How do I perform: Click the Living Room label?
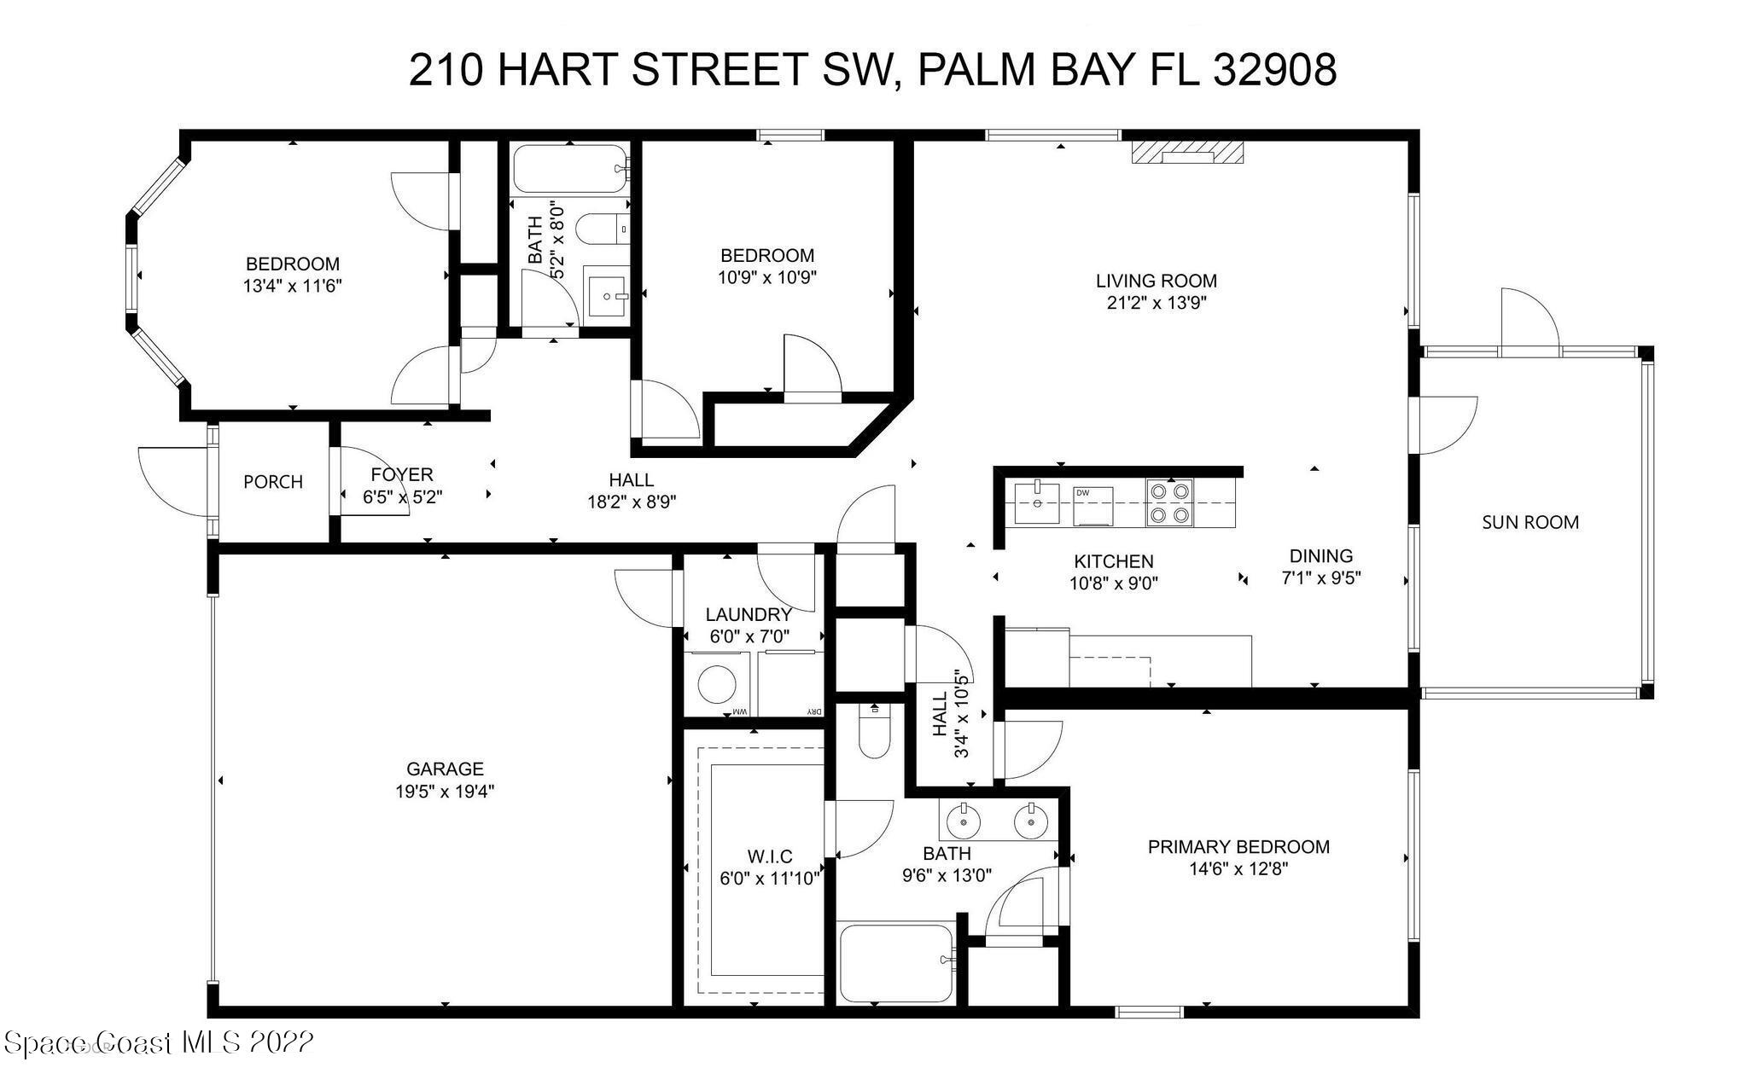[1157, 281]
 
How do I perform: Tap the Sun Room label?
[1530, 522]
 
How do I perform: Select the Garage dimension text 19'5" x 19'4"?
[445, 792]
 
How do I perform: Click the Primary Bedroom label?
[1238, 847]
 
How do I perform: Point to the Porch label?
[273, 482]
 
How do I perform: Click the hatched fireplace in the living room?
[1187, 152]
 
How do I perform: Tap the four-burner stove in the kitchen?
[1170, 502]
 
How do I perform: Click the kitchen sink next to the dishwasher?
[1036, 503]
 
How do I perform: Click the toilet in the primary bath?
[875, 730]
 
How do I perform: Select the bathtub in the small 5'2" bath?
[570, 170]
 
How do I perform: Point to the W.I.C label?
[770, 856]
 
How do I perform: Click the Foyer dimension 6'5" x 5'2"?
[403, 497]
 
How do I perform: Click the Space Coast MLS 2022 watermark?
[159, 1042]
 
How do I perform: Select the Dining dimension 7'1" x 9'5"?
[1321, 577]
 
